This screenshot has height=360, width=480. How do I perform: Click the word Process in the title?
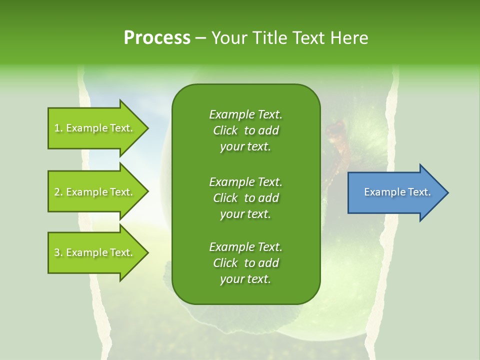(x=157, y=38)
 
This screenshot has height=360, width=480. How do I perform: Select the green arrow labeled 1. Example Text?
(x=95, y=128)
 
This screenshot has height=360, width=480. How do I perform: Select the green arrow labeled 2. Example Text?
(x=95, y=192)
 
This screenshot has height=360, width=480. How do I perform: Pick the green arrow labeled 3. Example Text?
(x=95, y=252)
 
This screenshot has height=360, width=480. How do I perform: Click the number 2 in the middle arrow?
(x=57, y=192)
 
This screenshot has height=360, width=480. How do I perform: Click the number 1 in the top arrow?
(x=57, y=128)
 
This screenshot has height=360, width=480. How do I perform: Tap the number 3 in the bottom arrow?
(x=57, y=252)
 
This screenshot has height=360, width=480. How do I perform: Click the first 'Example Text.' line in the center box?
(x=245, y=114)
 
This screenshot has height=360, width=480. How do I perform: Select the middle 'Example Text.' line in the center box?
(x=245, y=181)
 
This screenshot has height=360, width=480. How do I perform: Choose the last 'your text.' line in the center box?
(x=245, y=279)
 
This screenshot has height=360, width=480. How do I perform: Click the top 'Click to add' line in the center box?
(x=245, y=130)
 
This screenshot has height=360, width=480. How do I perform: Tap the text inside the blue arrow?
(x=397, y=192)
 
